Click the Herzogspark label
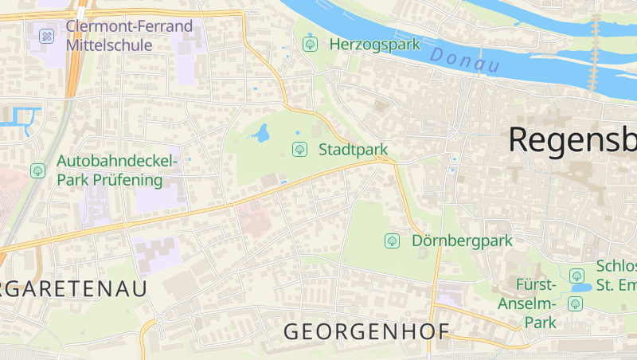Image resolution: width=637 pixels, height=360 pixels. (x=374, y=44)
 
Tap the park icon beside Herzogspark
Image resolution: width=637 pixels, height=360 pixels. (x=310, y=44)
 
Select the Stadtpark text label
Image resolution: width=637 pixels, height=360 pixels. (x=353, y=149)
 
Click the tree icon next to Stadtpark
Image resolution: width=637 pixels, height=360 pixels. (x=299, y=148)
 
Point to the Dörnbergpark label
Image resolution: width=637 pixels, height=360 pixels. (x=463, y=240)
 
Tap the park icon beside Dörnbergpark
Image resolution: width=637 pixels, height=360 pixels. (x=391, y=240)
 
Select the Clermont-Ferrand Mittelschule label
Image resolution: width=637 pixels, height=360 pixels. (x=129, y=36)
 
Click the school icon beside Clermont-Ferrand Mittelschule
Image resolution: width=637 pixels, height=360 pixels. (x=46, y=36)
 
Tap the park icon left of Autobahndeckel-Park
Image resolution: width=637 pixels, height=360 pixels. (x=37, y=170)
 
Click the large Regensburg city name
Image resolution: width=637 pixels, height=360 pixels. (x=573, y=139)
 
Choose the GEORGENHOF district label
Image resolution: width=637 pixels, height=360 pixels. (x=367, y=331)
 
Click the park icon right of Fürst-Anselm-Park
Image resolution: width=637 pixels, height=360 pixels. (x=575, y=303)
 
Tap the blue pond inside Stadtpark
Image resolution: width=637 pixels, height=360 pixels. (x=260, y=133)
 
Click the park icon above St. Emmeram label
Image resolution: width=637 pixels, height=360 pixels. (x=577, y=276)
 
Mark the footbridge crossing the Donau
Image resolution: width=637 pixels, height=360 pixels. (x=594, y=56)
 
